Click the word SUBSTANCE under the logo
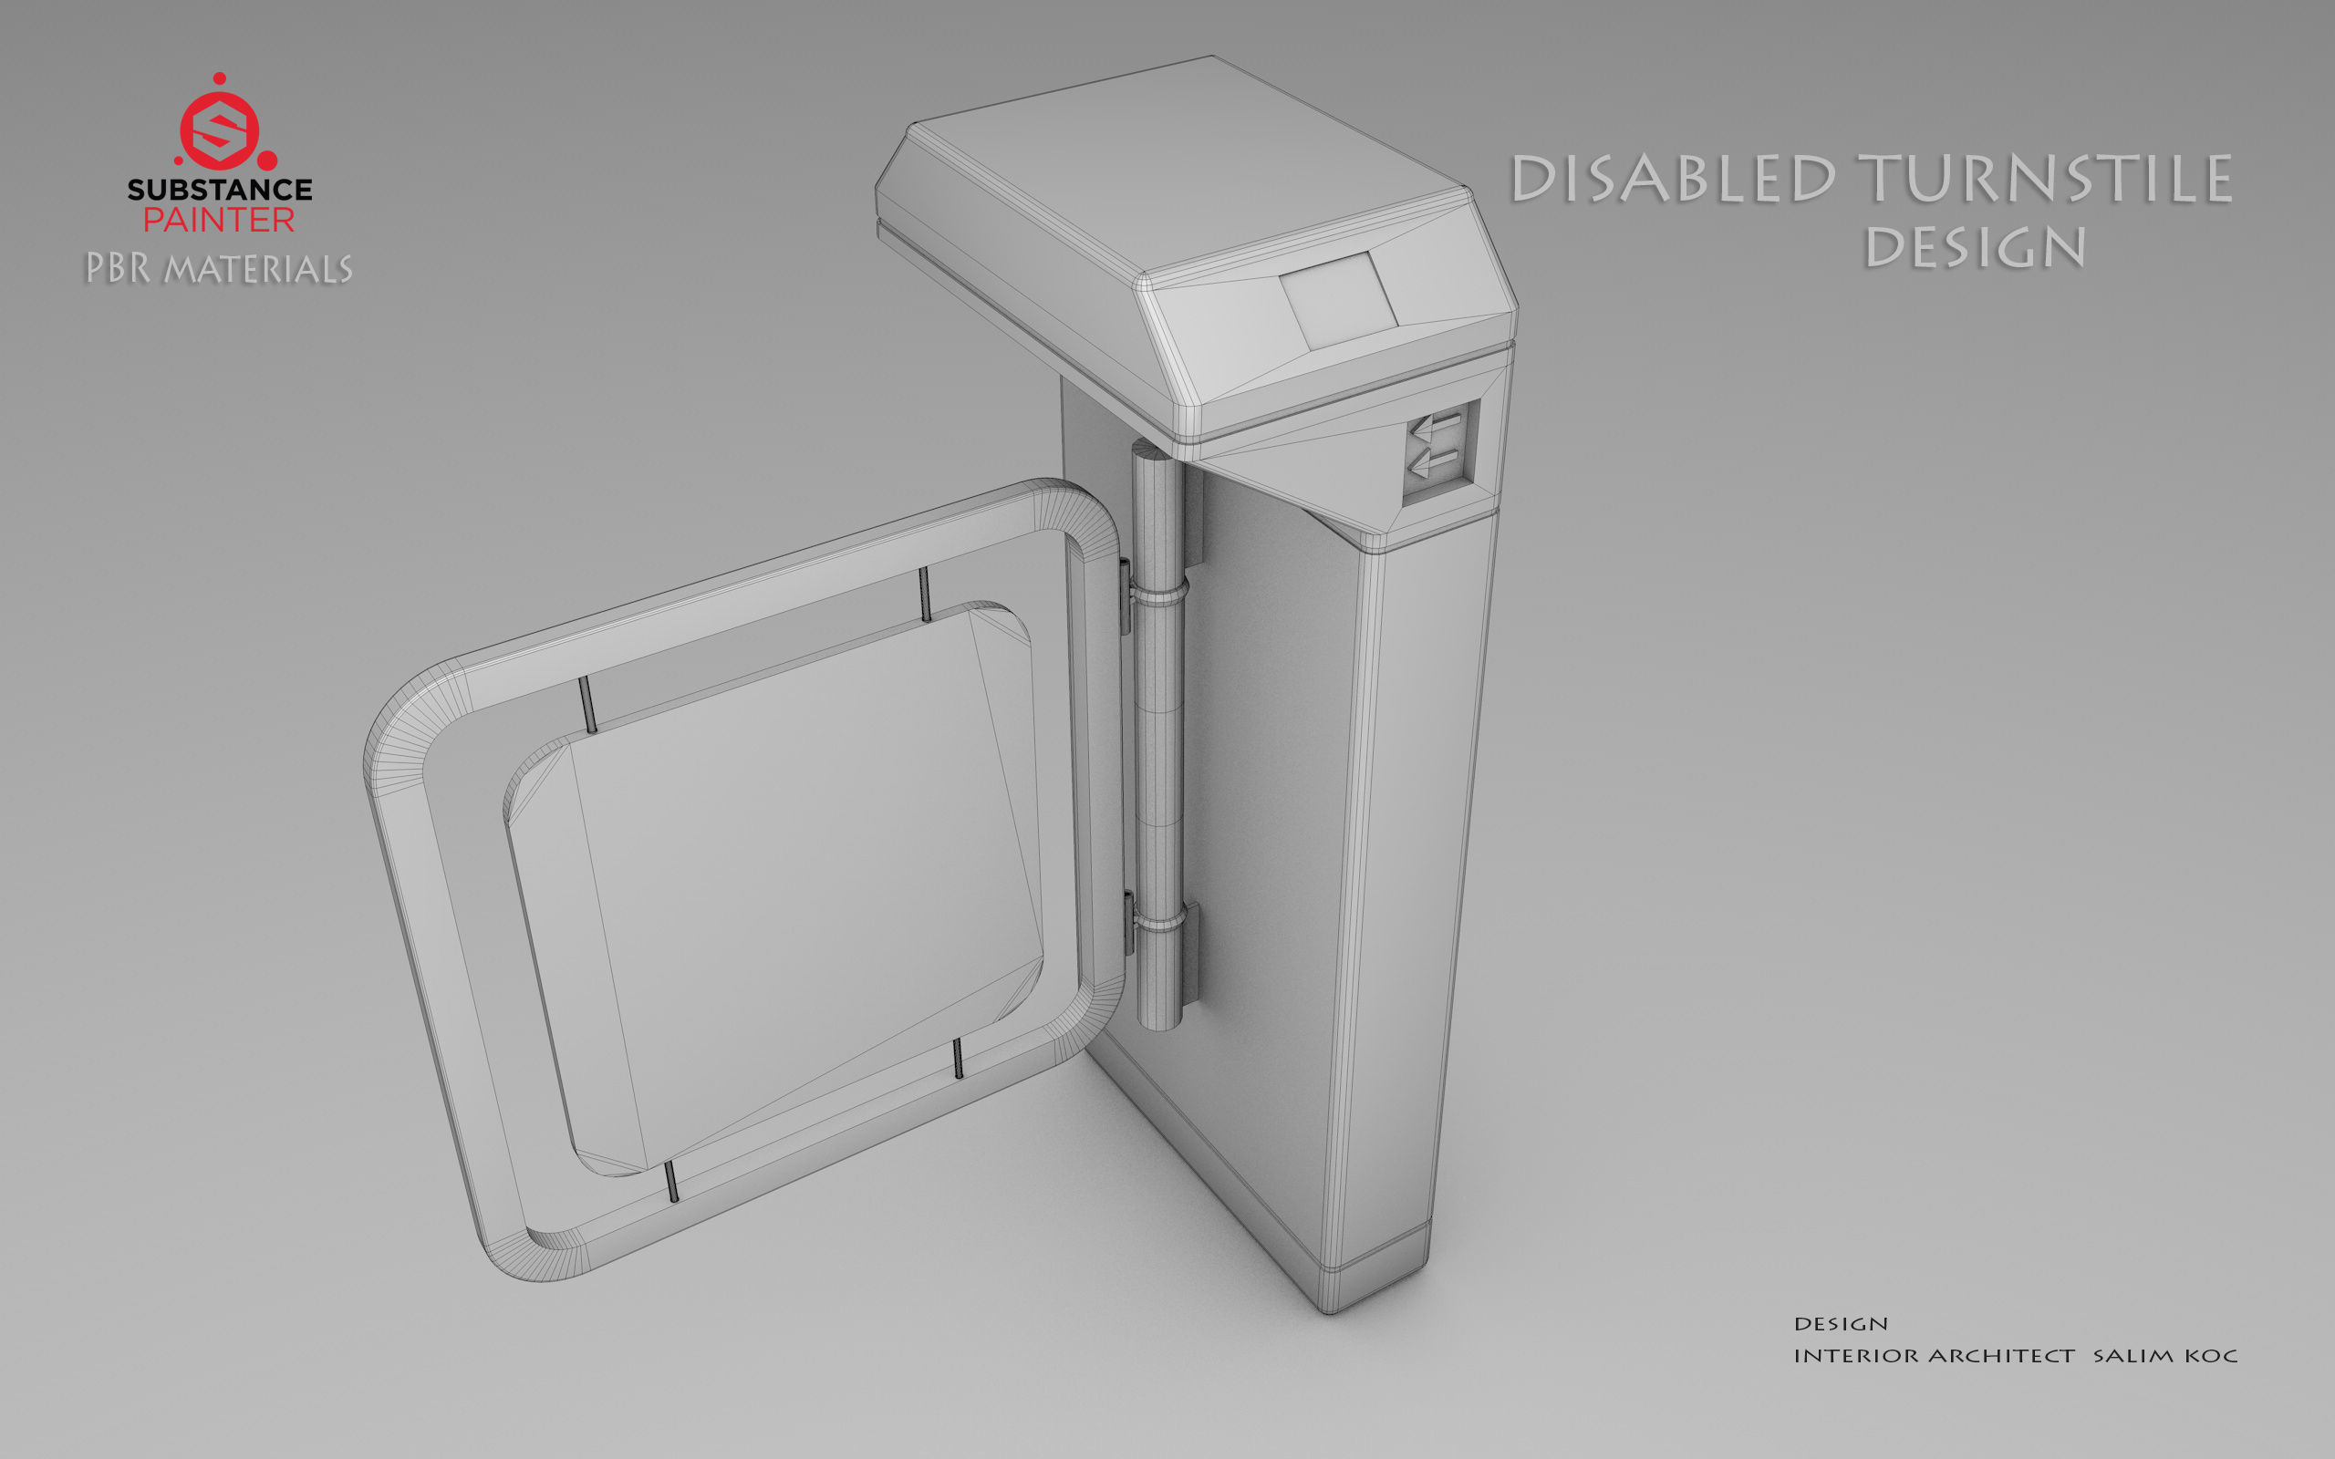220,189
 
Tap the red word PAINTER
219,220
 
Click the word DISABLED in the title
1673,180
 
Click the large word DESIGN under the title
1974,248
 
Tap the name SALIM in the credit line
2133,1356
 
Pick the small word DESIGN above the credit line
1841,1324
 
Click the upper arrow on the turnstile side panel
1437,425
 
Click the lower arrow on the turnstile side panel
1435,465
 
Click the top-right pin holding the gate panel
924,595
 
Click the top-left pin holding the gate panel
586,704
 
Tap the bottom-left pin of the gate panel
671,1182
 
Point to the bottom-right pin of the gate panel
958,1058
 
